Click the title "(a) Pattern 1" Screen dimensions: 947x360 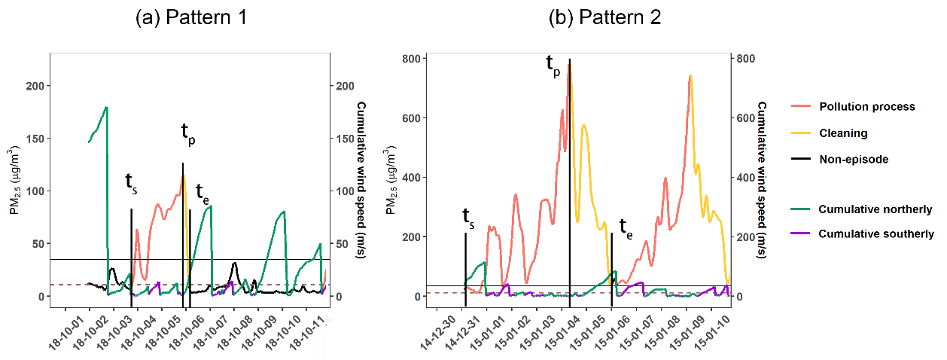[191, 18]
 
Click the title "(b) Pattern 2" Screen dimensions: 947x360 [604, 18]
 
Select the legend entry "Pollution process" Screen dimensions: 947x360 [867, 107]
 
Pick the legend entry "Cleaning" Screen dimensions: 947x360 [843, 133]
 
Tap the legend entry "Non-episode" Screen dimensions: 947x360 [854, 160]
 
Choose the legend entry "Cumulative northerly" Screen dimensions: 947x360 [875, 209]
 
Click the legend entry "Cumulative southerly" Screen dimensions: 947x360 [876, 234]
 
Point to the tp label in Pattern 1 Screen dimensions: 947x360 [188, 133]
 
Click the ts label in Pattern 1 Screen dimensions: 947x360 [131, 184]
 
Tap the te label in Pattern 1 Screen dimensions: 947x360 [202, 194]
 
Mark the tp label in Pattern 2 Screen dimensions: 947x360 [553, 66]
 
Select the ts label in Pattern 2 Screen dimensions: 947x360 [468, 218]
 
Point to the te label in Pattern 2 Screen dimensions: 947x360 [626, 229]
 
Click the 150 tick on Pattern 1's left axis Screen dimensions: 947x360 [35, 139]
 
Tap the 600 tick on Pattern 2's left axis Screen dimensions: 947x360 [411, 118]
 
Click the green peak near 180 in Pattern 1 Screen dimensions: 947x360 [106, 108]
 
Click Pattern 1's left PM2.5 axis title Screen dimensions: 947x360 [15, 180]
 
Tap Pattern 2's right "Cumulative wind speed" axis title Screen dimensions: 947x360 [761, 180]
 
